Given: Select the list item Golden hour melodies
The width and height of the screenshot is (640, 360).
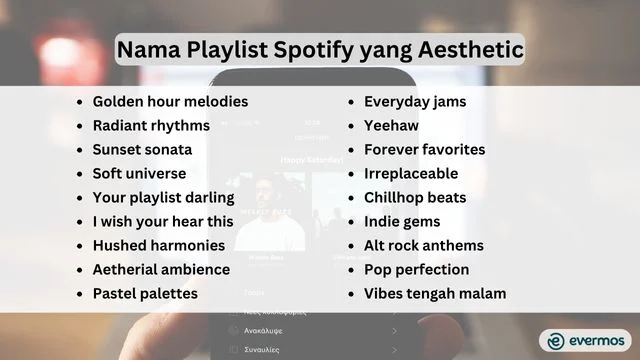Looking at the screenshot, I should tap(170, 101).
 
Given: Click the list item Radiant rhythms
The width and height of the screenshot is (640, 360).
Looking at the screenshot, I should tap(151, 125).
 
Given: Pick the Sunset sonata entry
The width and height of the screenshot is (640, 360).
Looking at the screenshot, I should tap(142, 149).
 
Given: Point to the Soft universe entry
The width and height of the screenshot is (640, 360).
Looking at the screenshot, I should tap(141, 173).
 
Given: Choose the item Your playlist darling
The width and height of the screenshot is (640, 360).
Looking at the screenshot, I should tap(163, 197).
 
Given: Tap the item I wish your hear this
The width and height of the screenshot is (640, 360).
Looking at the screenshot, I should tap(161, 221).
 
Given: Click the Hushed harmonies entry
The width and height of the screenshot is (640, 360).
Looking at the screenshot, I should tap(159, 245).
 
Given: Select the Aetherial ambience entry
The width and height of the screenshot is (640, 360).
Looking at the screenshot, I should tap(161, 269).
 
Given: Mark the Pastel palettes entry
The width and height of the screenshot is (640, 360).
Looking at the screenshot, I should tap(145, 293).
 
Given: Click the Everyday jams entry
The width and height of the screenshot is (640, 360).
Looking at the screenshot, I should tap(415, 101).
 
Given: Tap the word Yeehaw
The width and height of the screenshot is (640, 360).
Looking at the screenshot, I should tap(392, 125).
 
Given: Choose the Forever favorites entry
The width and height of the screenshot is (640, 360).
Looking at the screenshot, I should tap(424, 149).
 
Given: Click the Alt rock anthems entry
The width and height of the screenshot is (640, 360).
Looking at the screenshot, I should tap(423, 245).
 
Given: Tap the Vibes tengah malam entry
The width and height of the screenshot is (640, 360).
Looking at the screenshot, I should tap(435, 293).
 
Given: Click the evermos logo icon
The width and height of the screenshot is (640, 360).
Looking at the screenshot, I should tap(553, 338).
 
